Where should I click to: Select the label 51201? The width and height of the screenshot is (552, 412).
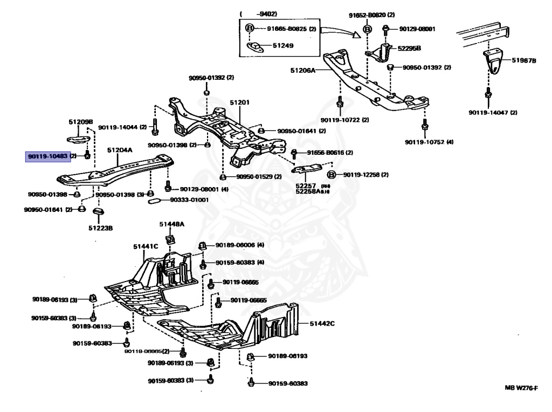point(240,102)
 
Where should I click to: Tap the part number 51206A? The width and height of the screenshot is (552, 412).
point(303,70)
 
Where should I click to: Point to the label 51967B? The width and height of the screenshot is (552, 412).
point(524,61)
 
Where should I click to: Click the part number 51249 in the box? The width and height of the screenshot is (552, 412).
point(282,46)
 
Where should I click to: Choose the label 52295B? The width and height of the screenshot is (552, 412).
point(409,48)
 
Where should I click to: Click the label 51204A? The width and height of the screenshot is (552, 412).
point(119,150)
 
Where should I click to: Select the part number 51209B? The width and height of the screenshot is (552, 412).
point(81,122)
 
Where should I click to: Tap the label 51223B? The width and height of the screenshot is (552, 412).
point(101,228)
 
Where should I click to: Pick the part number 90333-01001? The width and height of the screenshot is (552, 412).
point(189,200)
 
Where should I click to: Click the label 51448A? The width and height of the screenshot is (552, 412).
point(171,224)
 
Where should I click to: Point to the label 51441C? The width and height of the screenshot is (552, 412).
point(146,246)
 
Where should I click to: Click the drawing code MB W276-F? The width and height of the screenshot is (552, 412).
point(521,389)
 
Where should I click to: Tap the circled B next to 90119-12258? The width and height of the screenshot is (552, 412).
point(332,175)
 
